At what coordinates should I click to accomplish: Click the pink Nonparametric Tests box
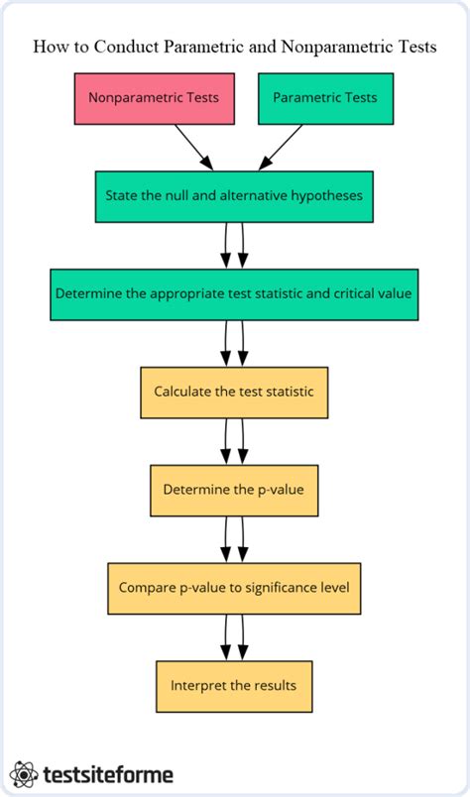[x=153, y=98]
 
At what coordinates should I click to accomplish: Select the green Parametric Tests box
[x=325, y=98]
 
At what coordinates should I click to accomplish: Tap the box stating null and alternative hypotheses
[x=235, y=195]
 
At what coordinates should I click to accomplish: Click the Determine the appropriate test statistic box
[x=234, y=293]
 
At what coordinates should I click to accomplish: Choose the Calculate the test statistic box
[x=234, y=392]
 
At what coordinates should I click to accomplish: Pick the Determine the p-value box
[x=234, y=489]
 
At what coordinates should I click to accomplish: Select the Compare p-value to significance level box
[x=234, y=587]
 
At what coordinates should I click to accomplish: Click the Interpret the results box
[x=234, y=685]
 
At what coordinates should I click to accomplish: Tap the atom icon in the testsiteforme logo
[x=24, y=773]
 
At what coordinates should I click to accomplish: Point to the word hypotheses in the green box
[x=328, y=195]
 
